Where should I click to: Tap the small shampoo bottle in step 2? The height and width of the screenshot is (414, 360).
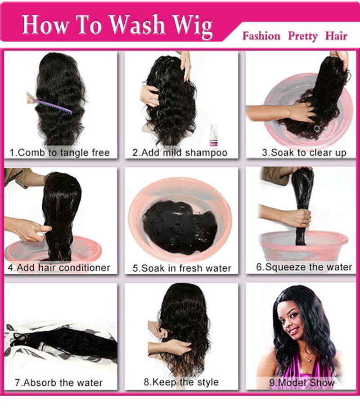213,135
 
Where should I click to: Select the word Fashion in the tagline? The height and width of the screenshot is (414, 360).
261,36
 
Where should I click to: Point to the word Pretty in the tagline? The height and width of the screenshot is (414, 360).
303,36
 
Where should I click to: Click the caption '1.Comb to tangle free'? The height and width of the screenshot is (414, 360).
59,152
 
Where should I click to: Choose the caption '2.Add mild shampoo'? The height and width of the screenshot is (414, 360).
180,152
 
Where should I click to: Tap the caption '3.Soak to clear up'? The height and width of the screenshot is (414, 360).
304,152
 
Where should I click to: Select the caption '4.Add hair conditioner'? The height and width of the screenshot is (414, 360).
59,268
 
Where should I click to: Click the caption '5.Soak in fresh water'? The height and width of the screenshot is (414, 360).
182,268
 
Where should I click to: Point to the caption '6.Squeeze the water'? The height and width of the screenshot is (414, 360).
304,267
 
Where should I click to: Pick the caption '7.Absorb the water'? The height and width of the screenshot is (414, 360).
58,383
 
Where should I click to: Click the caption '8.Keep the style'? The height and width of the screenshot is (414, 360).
181,382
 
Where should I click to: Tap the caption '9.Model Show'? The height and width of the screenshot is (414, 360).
302,383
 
